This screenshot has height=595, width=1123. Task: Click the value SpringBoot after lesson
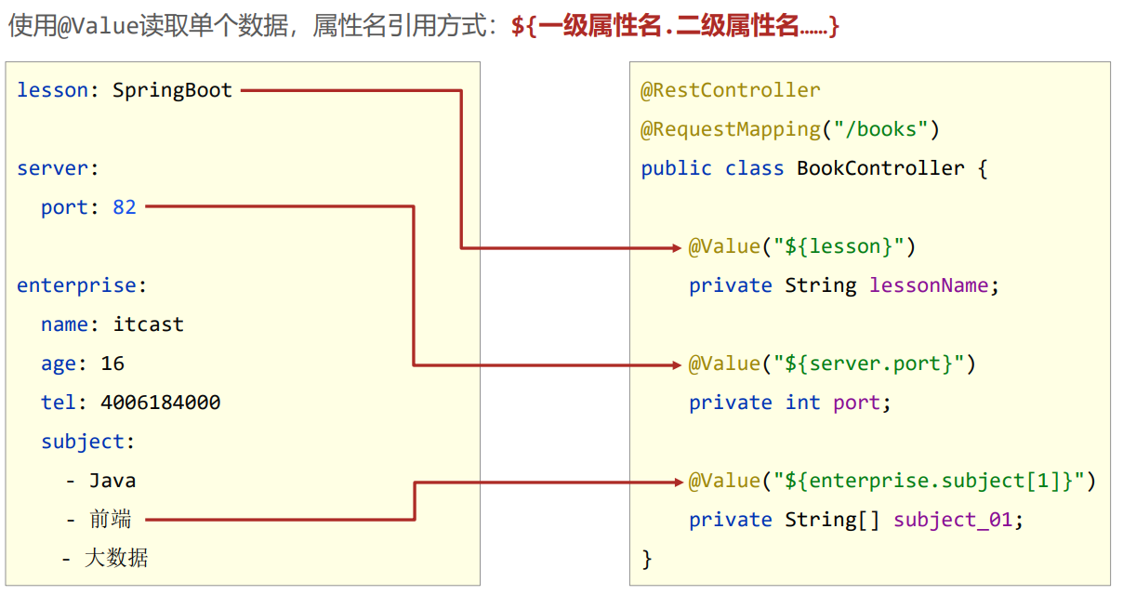click(x=172, y=90)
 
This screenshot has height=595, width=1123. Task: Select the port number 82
click(x=125, y=207)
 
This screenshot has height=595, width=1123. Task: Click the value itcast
click(x=149, y=324)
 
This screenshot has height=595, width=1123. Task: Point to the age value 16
click(x=112, y=364)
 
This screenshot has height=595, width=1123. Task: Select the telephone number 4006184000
click(x=161, y=403)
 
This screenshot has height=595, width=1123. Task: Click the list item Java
click(x=112, y=481)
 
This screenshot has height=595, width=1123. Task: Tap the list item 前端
click(x=111, y=520)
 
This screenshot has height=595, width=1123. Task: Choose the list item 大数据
click(x=116, y=558)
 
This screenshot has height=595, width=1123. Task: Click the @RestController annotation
click(x=731, y=90)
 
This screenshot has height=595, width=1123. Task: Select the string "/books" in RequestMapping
click(x=881, y=129)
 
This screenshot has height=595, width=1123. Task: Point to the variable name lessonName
click(x=931, y=285)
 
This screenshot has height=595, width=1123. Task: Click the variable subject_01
click(x=952, y=520)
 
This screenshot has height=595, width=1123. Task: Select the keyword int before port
click(x=802, y=403)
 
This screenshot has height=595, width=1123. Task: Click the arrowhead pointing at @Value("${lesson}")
click(x=678, y=247)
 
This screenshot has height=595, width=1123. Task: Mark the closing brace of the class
click(x=647, y=559)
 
